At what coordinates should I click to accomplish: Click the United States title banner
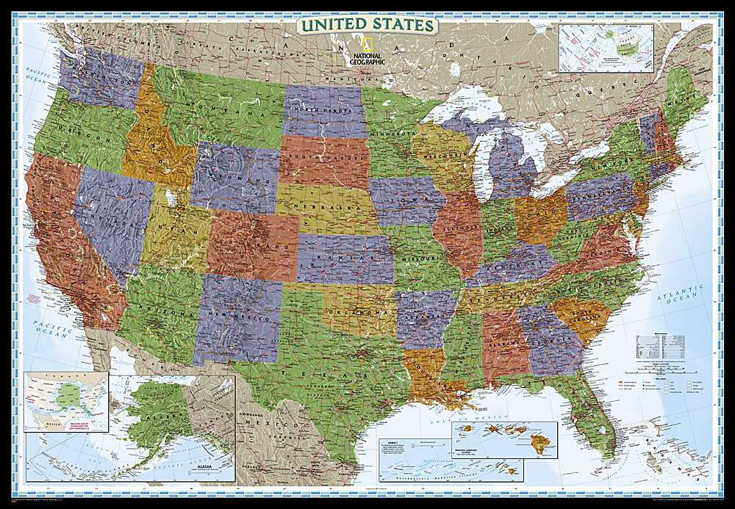(x=367, y=25)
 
